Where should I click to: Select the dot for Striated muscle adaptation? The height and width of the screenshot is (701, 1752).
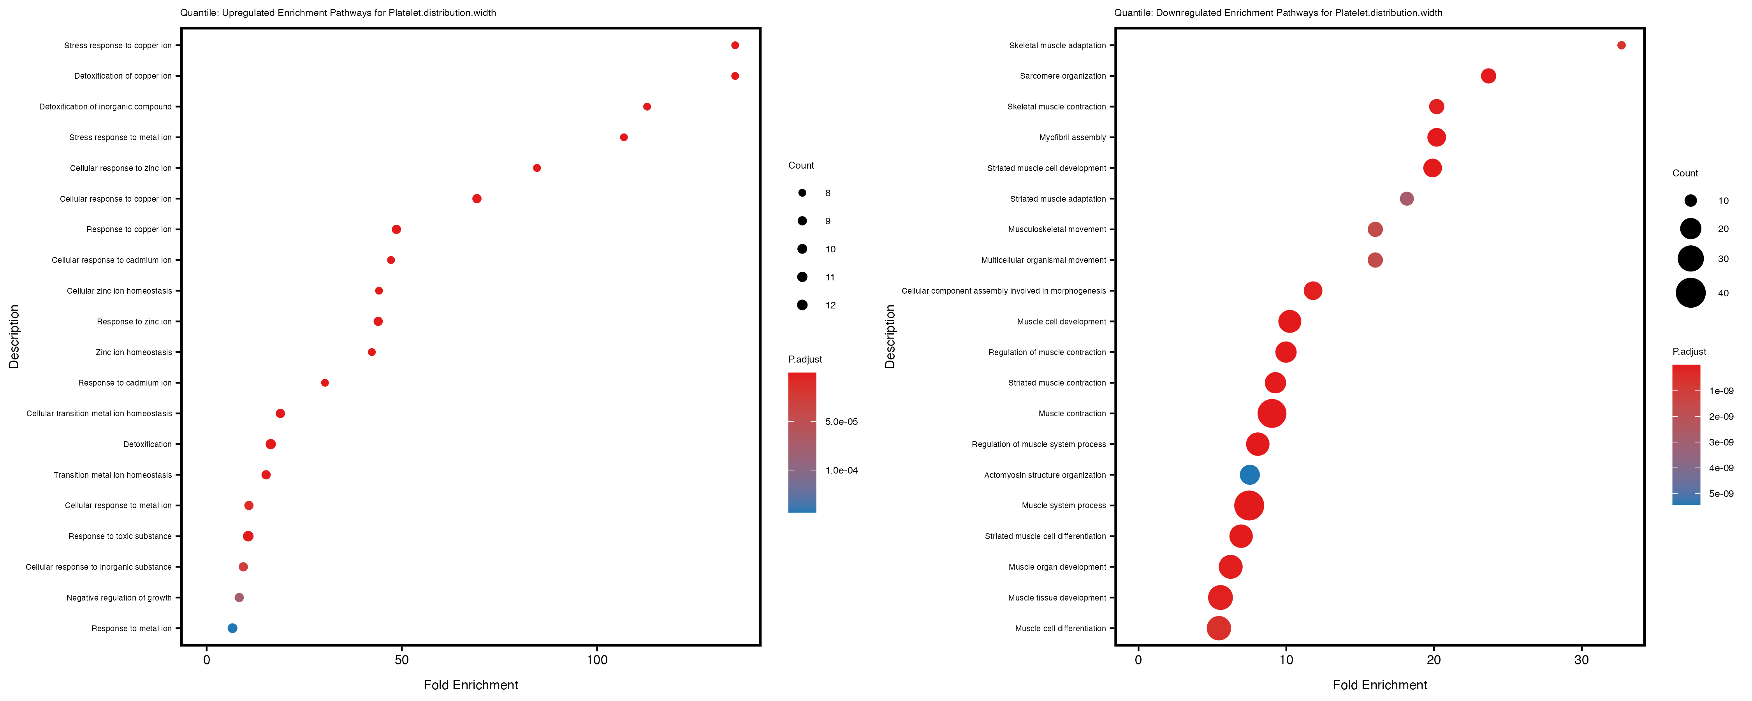tap(1407, 199)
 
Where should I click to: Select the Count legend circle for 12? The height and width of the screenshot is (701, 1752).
tap(802, 305)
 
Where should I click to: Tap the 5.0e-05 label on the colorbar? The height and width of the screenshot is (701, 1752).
tap(841, 422)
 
